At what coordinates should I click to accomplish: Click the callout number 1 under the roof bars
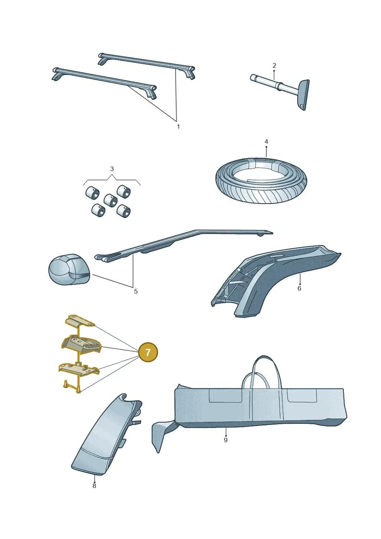coord(178,127)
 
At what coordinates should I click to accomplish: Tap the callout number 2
coord(274,65)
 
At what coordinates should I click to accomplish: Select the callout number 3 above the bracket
coord(112,169)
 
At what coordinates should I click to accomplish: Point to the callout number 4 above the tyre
coord(266,142)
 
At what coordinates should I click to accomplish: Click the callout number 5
coord(136,292)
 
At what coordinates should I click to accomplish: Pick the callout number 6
coord(299,288)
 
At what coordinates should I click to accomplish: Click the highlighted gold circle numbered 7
coord(148,352)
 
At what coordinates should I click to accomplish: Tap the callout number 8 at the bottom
coord(94,486)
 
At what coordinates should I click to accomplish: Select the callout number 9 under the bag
coord(226,440)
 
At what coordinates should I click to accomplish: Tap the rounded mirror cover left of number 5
coord(69,270)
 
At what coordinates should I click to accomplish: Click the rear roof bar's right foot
coord(190,72)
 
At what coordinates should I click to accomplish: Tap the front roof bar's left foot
coord(57,75)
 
